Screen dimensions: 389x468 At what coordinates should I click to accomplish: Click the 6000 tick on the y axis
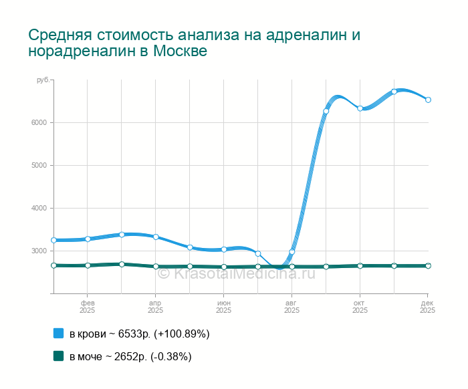coord(37,122)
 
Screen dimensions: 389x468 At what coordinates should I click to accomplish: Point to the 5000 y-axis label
coord(37,165)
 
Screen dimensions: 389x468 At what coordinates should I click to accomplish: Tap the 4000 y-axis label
coord(37,208)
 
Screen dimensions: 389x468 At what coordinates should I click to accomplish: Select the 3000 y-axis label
coord(37,251)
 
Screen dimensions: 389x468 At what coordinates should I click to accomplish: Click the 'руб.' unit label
coord(43,80)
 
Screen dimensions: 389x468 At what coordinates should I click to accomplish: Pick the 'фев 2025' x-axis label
coord(87,307)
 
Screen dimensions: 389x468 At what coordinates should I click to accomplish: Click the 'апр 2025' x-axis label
coord(155,307)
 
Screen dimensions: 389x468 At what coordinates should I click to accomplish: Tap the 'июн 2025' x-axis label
coord(223,307)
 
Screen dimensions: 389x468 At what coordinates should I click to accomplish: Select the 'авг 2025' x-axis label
coord(291,307)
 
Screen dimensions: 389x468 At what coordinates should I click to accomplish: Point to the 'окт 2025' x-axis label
coord(360,307)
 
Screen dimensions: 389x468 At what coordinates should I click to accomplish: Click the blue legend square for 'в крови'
coord(58,334)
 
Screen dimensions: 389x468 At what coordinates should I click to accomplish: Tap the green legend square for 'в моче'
coord(58,356)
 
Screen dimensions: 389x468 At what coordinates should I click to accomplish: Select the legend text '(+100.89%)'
coord(182,334)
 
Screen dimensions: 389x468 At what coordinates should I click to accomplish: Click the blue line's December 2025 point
coord(428,100)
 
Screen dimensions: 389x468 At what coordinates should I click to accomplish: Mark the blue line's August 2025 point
coord(291,252)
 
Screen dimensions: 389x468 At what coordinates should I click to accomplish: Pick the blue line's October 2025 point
coord(360,108)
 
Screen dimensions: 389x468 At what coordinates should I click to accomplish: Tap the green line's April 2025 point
coord(156,266)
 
